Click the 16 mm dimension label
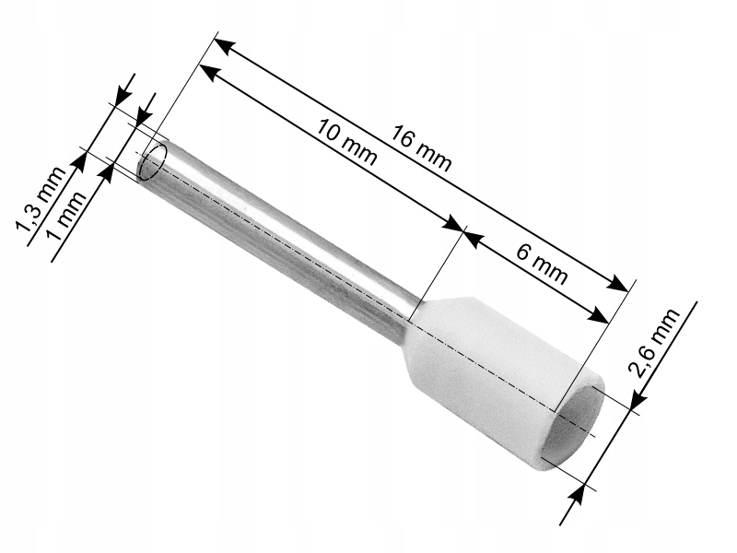(422, 148)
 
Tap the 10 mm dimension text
(346, 143)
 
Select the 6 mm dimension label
(542, 265)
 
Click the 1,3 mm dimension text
(41, 199)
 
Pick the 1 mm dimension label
(68, 216)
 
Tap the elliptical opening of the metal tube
(152, 162)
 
